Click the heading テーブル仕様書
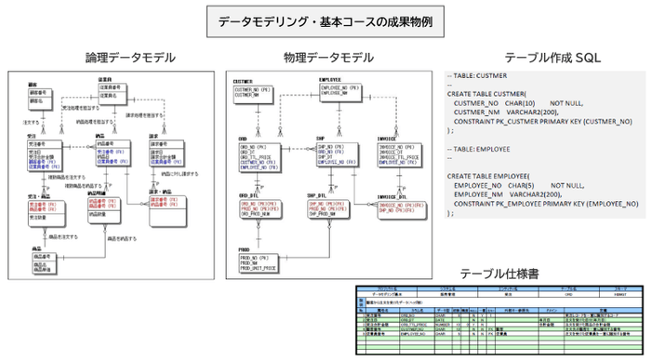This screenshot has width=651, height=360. point(503,273)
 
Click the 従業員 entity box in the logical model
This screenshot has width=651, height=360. point(115,93)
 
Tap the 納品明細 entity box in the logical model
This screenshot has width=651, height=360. point(104,205)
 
